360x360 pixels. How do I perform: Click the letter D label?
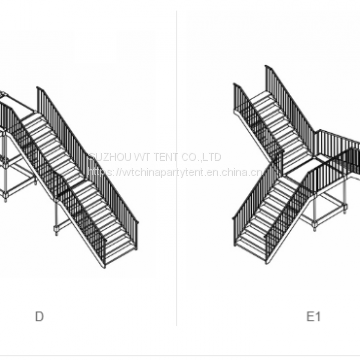pos(39,317)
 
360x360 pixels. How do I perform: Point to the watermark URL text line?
pos(173,171)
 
